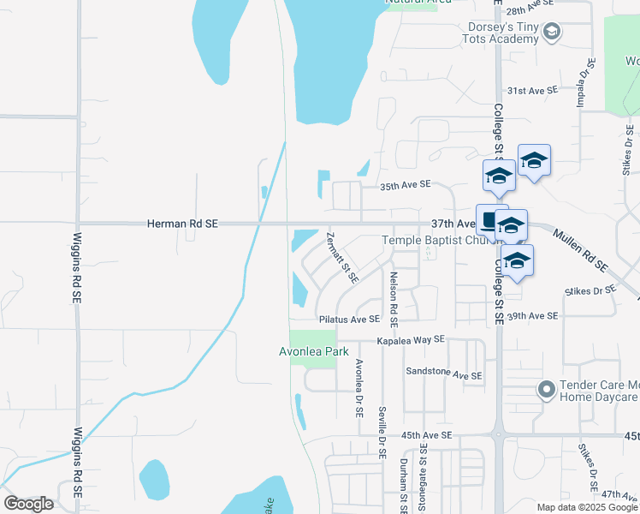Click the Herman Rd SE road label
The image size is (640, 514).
tap(182, 224)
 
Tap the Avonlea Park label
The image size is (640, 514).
tap(313, 351)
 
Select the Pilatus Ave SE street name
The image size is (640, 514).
tap(349, 319)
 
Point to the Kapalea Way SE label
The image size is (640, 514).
tap(412, 339)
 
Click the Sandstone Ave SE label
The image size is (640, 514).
tap(444, 375)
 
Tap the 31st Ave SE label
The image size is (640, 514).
tap(532, 89)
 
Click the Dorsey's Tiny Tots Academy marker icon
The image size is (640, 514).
tap(552, 32)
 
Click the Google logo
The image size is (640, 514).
tap(28, 504)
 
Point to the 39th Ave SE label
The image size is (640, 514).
tap(532, 316)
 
